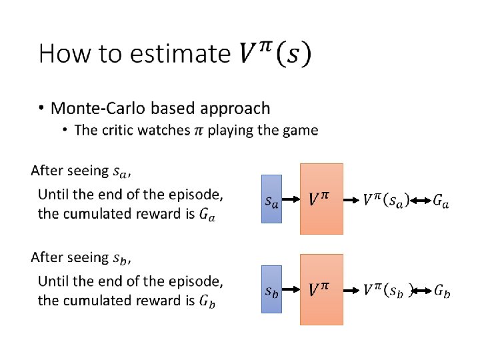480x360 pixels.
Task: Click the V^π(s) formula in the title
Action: [273, 53]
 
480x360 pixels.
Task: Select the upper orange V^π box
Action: [321, 199]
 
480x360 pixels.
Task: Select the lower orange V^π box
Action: [321, 289]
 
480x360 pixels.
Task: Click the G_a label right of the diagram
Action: [441, 199]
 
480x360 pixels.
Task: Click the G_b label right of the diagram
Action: [441, 289]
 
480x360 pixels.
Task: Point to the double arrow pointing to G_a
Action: [420, 199]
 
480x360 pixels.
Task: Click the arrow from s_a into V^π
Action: [291, 199]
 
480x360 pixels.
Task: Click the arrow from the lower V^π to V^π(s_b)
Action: [352, 289]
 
